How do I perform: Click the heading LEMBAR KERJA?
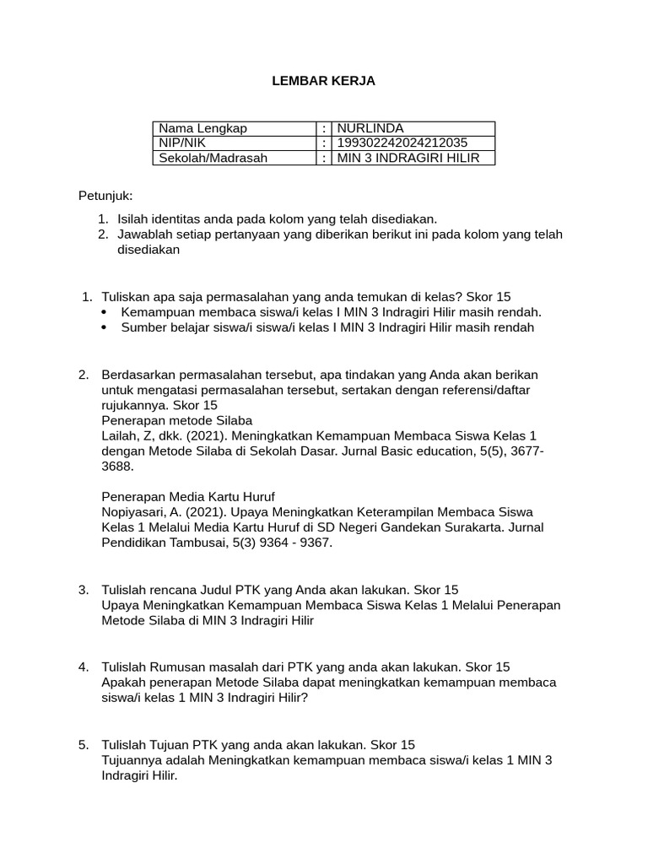pos(323,82)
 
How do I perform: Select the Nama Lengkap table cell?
pos(203,128)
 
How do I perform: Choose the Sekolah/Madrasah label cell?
pos(213,158)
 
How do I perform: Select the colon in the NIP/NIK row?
pos(324,143)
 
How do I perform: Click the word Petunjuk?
pos(105,197)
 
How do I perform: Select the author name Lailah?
pos(120,436)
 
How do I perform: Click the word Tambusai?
pos(189,543)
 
